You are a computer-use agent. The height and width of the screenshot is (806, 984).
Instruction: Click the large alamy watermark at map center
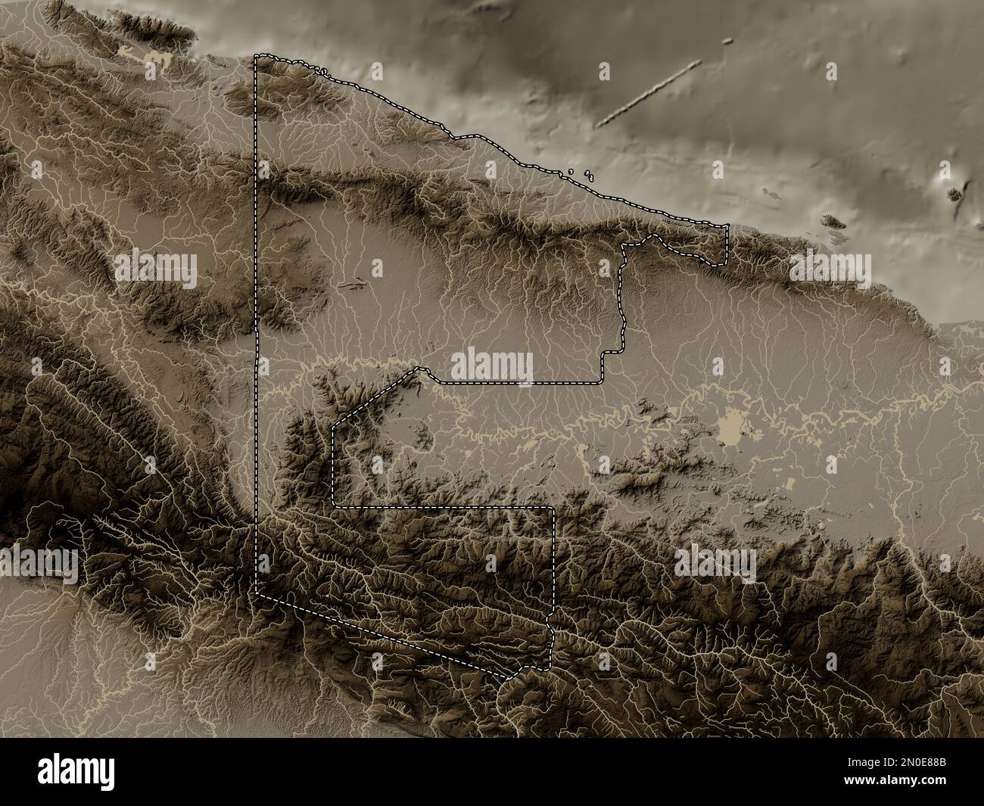[492, 366]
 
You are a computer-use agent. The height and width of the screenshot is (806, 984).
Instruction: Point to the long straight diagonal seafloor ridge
[649, 94]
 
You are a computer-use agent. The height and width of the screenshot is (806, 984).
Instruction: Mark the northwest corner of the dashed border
[256, 56]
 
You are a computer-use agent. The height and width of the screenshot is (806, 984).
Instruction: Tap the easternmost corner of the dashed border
[727, 226]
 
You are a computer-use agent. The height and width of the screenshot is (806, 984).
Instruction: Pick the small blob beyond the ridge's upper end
[727, 41]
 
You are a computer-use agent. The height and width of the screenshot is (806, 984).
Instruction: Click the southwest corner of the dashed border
[257, 592]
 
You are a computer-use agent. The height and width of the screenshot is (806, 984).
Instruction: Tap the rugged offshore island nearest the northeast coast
[833, 222]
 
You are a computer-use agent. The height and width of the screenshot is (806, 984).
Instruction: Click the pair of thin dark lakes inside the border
[352, 285]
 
